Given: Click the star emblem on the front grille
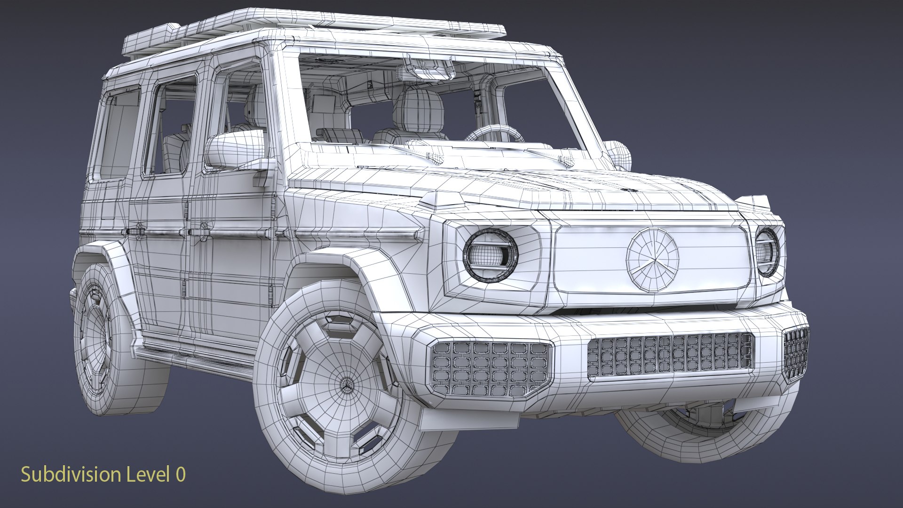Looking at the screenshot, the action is [x=653, y=259].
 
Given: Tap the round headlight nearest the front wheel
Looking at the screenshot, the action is [x=491, y=255].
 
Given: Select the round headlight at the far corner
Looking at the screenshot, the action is [x=768, y=252].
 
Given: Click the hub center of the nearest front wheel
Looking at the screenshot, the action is [x=347, y=386].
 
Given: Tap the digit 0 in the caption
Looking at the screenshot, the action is [x=181, y=475].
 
